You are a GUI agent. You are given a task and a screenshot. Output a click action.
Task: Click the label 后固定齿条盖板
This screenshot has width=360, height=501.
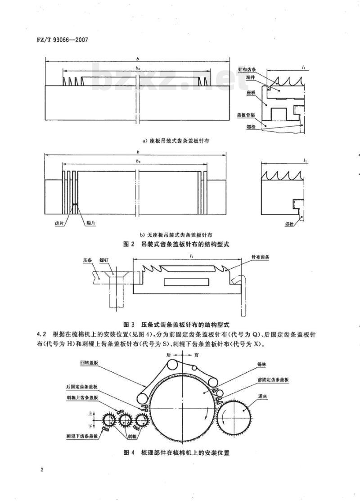coord(83,387)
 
